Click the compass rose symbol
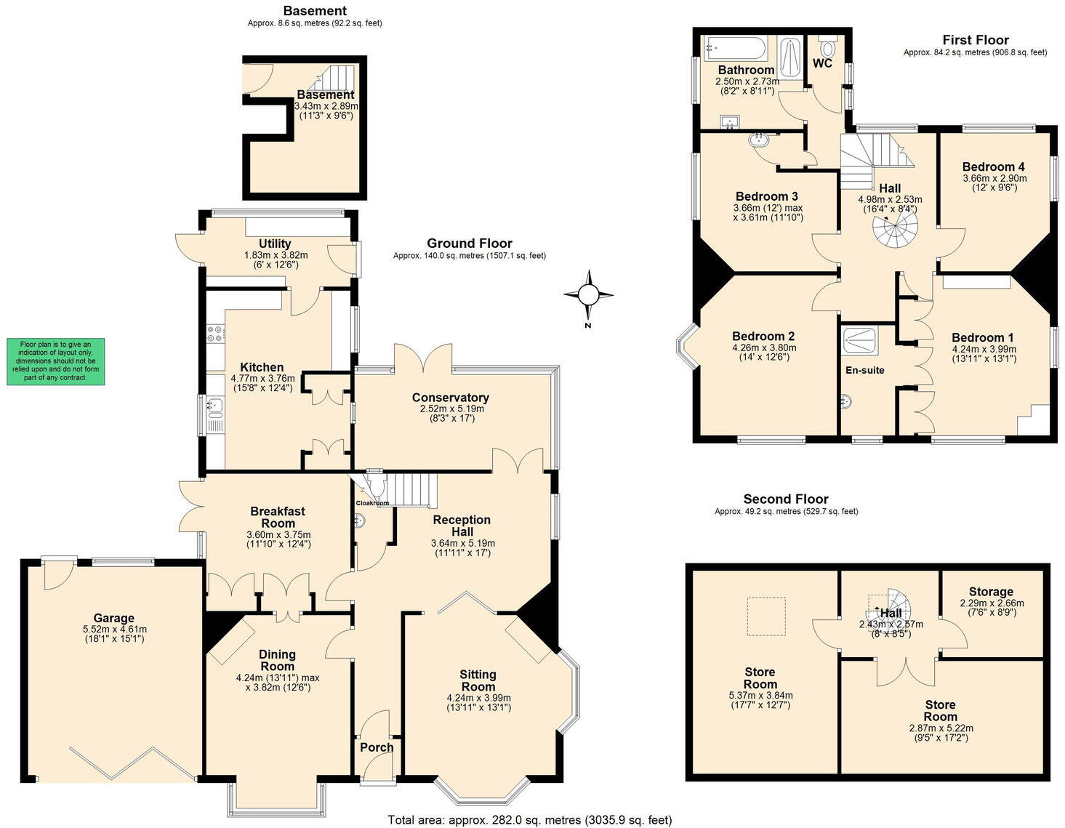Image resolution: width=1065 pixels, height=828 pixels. [588, 294]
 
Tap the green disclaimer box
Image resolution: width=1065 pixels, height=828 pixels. [55, 361]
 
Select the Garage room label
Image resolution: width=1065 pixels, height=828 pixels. [113, 619]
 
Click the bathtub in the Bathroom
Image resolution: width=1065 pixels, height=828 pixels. [734, 49]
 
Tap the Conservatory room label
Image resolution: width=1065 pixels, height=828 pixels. [450, 398]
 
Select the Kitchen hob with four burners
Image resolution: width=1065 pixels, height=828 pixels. [214, 334]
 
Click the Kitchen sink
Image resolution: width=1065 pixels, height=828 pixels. [214, 405]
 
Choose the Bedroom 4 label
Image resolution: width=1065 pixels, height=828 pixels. [994, 166]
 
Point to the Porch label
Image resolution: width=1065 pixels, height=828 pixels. [377, 747]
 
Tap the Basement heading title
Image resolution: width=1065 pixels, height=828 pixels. [315, 10]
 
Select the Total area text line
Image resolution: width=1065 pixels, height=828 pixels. [530, 820]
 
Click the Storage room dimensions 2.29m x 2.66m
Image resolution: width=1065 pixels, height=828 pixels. [992, 603]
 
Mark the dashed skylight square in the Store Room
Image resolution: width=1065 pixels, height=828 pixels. [766, 616]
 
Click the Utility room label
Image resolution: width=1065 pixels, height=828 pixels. [275, 244]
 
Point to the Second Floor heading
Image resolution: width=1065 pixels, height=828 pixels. [786, 499]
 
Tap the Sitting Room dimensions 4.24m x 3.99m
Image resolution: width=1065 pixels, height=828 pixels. [478, 698]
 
